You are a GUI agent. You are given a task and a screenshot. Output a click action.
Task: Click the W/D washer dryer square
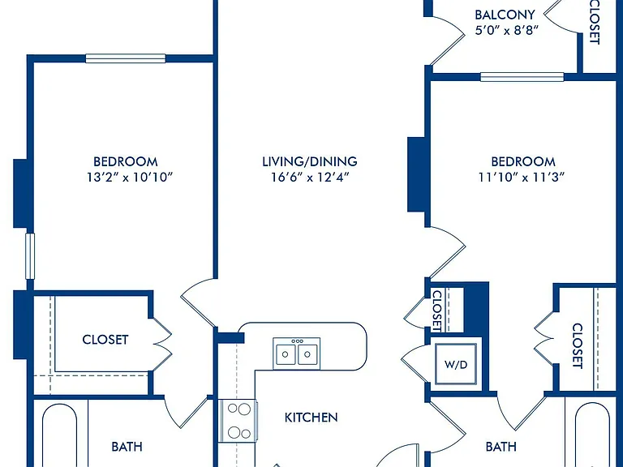point(456,364)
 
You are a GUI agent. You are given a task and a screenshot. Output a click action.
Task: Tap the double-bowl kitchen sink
point(296,353)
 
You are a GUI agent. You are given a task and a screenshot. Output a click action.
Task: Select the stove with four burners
point(238,420)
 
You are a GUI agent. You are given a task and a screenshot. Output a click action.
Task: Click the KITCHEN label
point(311,418)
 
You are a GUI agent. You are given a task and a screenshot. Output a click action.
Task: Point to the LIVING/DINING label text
point(310,161)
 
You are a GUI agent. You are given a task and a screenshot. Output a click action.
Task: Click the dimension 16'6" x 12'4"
point(310,177)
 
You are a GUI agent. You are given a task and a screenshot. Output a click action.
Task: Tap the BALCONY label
point(505,15)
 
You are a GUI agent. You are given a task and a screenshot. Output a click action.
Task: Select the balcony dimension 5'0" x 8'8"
point(506,30)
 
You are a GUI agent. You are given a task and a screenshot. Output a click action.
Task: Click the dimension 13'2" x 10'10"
point(130,177)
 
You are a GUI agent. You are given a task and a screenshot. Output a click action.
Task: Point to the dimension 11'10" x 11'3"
point(522,177)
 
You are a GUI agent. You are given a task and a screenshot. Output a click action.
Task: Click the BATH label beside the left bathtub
point(127,447)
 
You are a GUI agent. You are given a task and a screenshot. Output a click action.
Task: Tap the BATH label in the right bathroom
point(501,447)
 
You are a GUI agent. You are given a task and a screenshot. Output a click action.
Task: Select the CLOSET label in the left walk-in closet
point(105,340)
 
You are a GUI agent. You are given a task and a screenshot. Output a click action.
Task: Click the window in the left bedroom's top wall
point(126,58)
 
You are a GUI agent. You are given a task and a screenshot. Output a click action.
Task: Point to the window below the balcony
point(522,77)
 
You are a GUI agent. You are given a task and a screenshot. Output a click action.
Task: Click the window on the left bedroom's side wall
point(30,256)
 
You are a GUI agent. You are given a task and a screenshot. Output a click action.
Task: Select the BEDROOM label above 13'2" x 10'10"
point(126,161)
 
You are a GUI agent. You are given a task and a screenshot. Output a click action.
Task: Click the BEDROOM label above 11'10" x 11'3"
point(523,161)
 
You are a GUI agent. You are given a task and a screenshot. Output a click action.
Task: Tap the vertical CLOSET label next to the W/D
point(437,311)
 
